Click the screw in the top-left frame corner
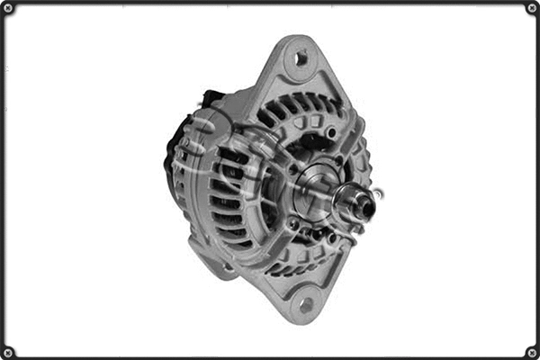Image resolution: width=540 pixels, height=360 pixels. coord(8,8)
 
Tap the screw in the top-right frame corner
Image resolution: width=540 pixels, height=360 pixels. coord(531,8)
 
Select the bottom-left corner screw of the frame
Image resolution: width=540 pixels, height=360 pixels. coord(8,351)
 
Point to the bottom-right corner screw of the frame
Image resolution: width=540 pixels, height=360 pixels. coord(531,351)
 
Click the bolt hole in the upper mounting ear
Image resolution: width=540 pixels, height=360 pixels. coord(301,58)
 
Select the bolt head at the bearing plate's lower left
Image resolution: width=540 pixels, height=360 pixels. coord(292,222)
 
